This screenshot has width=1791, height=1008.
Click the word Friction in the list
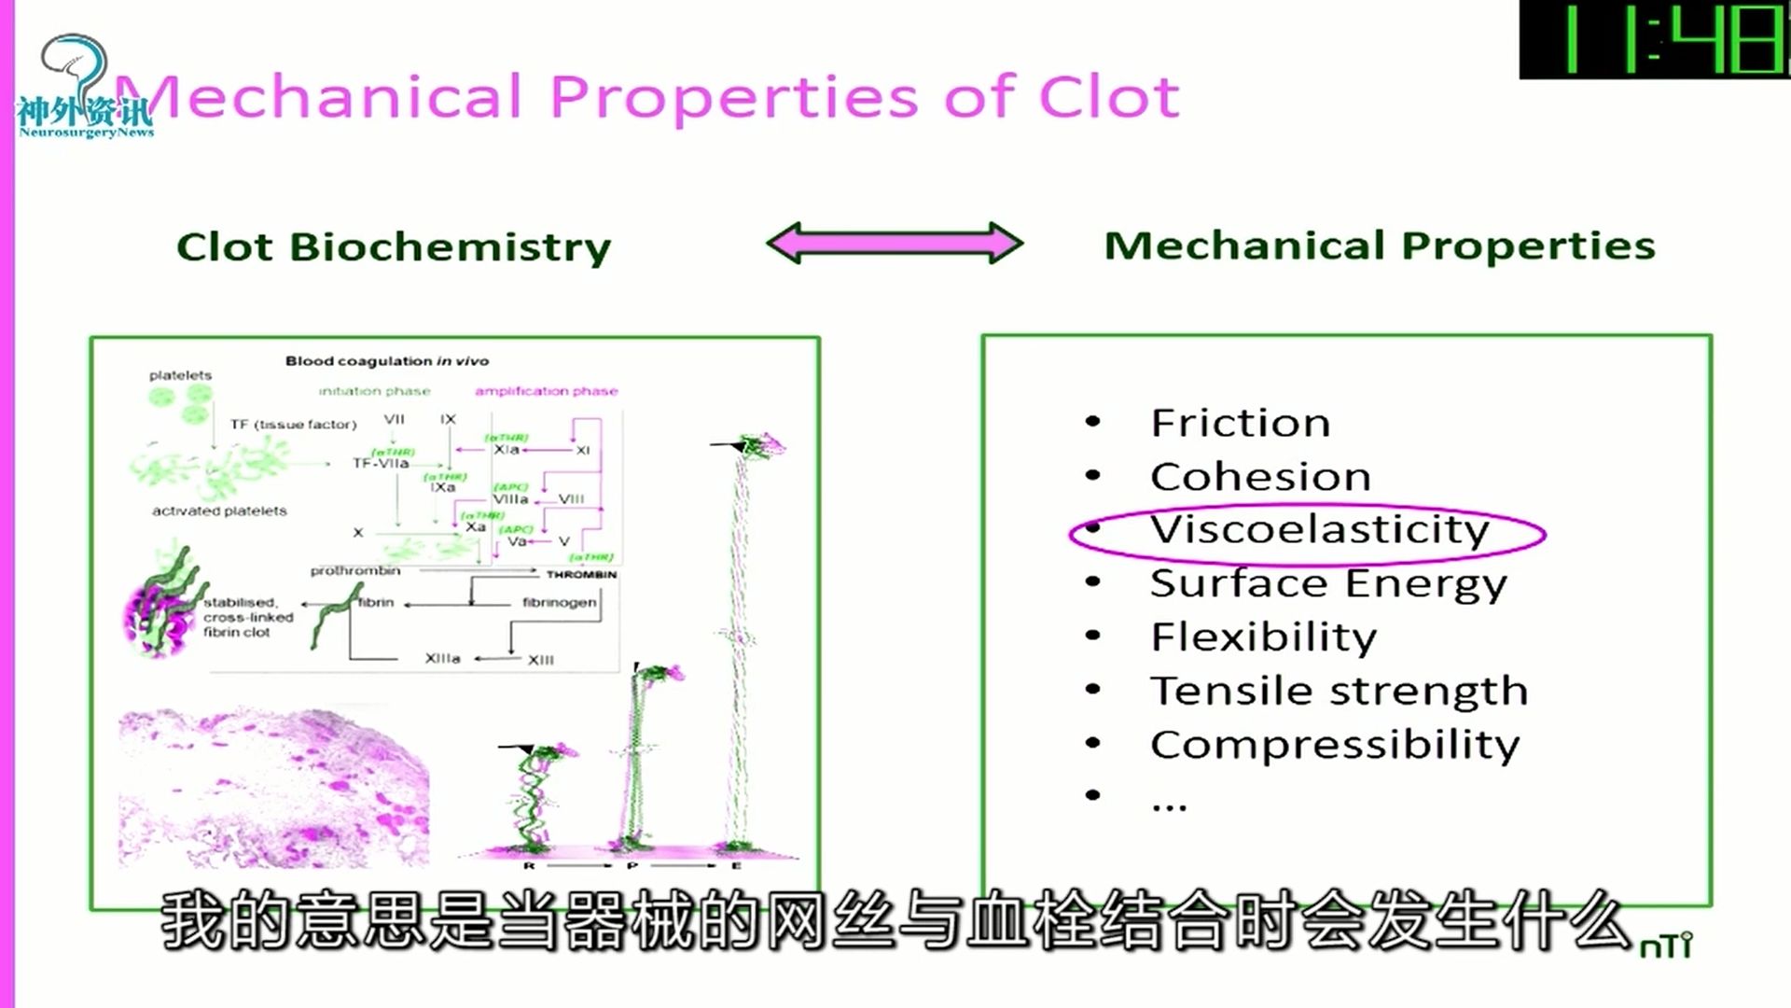(x=1240, y=423)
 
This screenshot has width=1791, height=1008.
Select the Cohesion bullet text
(x=1260, y=477)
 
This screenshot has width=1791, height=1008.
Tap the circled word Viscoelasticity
(x=1319, y=530)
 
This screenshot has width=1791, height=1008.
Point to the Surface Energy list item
(x=1327, y=584)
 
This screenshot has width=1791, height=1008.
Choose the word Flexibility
(x=1263, y=637)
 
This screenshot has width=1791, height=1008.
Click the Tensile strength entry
(x=1339, y=692)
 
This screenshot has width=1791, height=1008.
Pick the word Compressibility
(x=1334, y=745)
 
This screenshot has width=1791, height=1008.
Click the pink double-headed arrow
(x=895, y=244)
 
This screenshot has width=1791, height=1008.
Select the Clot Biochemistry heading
(x=394, y=246)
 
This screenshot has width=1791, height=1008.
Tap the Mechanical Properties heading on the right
(x=1380, y=245)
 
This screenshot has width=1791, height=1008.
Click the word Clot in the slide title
(x=1109, y=97)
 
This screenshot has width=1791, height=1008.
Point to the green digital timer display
(x=1656, y=40)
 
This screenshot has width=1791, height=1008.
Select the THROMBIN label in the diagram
(x=581, y=574)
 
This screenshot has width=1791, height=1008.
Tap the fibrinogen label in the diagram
(x=559, y=602)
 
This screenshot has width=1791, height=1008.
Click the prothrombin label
(x=355, y=570)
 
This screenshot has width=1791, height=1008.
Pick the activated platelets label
(x=219, y=511)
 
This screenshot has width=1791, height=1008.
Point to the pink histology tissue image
(x=274, y=789)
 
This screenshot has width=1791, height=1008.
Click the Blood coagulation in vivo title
(x=386, y=361)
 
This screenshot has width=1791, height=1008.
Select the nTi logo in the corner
(x=1666, y=946)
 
